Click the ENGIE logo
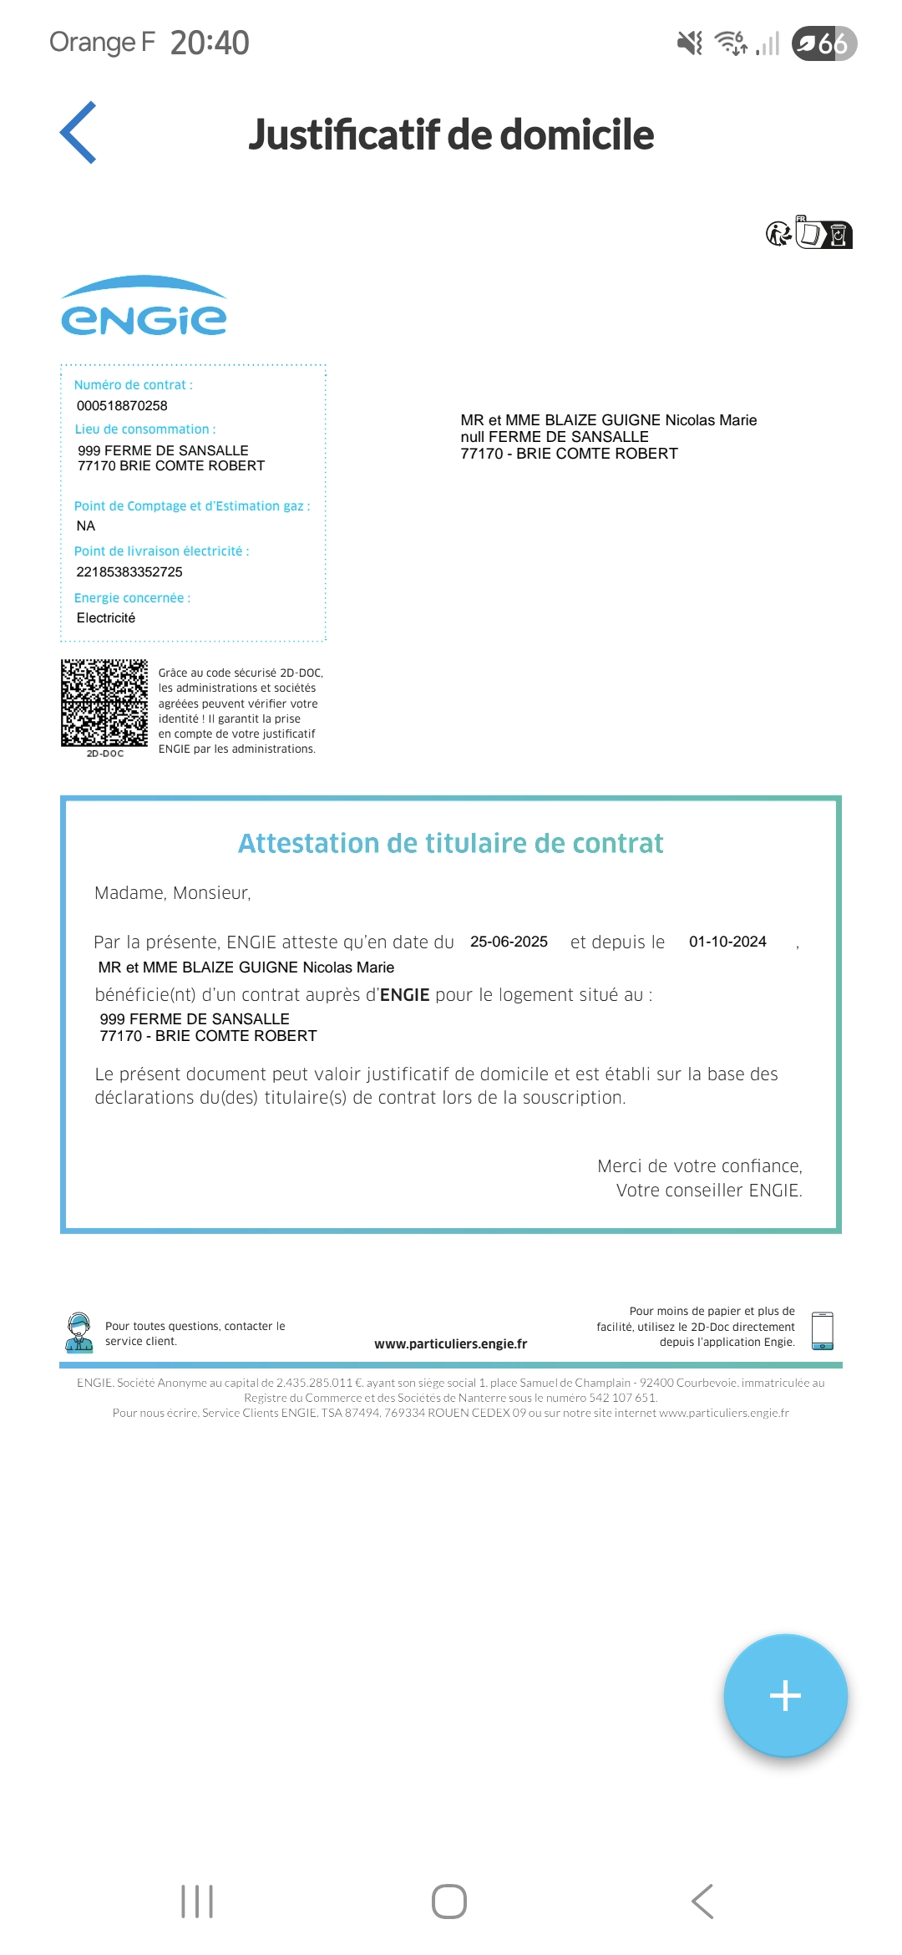[x=144, y=307]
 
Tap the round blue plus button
[x=785, y=1695]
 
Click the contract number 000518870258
[x=122, y=406]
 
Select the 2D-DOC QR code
[x=104, y=703]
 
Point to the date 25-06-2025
[x=509, y=942]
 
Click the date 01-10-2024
[x=727, y=942]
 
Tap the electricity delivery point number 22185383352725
[x=129, y=572]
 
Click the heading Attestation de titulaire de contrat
[x=451, y=844]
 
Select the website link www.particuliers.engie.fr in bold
[x=451, y=1343]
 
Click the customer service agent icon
[x=79, y=1332]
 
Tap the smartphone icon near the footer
[x=823, y=1330]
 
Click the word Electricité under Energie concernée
[x=106, y=618]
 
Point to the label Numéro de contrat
[x=133, y=385]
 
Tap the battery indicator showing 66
[x=823, y=43]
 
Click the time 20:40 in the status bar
[x=210, y=43]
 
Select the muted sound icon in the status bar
[x=690, y=43]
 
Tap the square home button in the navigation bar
[x=449, y=1902]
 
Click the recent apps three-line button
[x=197, y=1902]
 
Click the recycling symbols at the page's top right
[x=808, y=233]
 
